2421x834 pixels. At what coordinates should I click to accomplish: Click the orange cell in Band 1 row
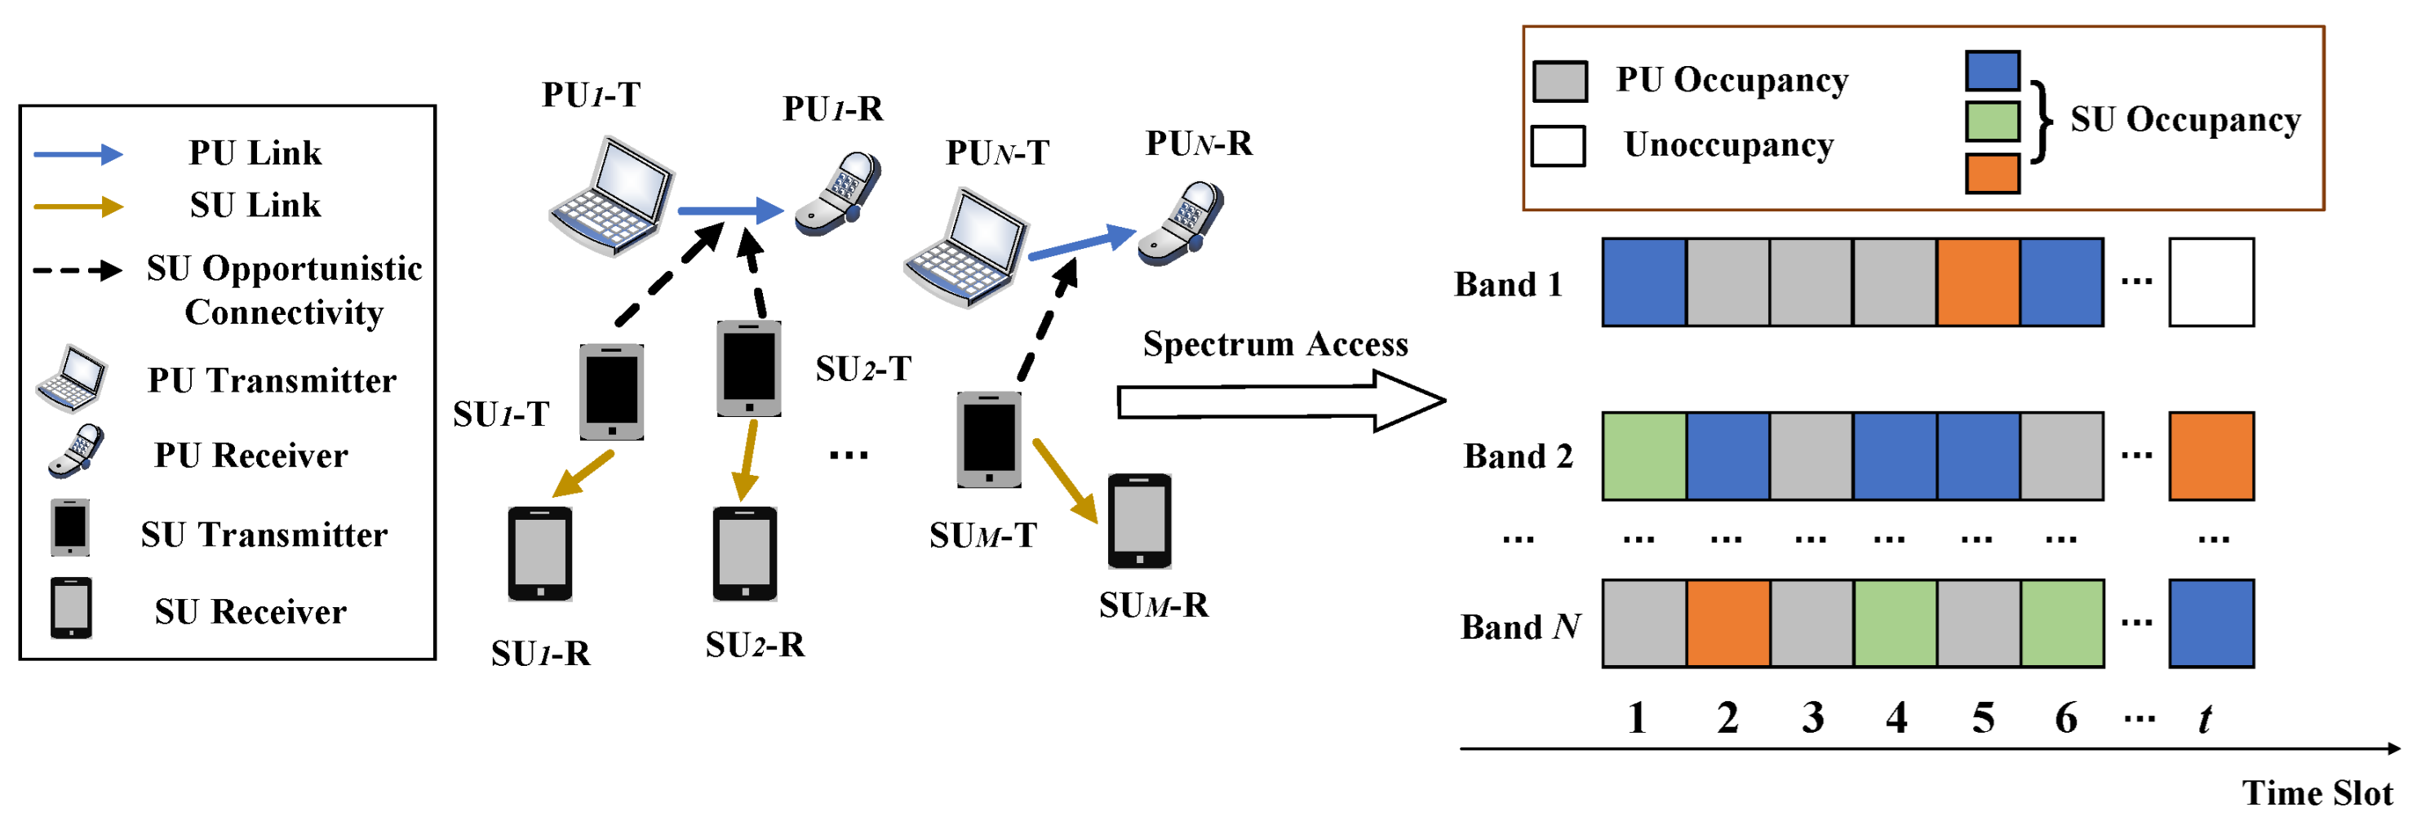point(1977,282)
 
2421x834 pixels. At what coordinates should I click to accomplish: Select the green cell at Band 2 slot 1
point(1643,456)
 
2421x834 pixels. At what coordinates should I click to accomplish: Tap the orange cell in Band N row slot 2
point(1727,623)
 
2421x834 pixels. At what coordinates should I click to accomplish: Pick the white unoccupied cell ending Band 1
point(2210,282)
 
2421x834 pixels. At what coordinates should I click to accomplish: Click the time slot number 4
point(1896,718)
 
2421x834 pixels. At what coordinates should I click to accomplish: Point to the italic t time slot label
point(2204,719)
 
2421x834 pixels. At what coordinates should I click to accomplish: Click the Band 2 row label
point(1517,456)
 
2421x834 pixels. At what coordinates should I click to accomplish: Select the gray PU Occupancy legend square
point(1559,82)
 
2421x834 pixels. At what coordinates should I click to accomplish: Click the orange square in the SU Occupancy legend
point(1992,174)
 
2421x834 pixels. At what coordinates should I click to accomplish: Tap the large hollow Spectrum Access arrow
point(1278,401)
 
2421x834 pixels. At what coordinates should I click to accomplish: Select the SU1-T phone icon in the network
point(611,391)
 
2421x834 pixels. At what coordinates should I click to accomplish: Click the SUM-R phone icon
point(1139,521)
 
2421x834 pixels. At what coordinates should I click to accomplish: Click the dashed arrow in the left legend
point(77,271)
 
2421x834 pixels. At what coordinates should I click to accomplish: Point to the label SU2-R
point(755,645)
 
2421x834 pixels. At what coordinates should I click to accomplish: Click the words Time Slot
point(2317,793)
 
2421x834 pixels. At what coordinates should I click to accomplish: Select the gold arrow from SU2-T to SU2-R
point(747,461)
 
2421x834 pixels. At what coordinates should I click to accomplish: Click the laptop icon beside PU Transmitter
point(72,378)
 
